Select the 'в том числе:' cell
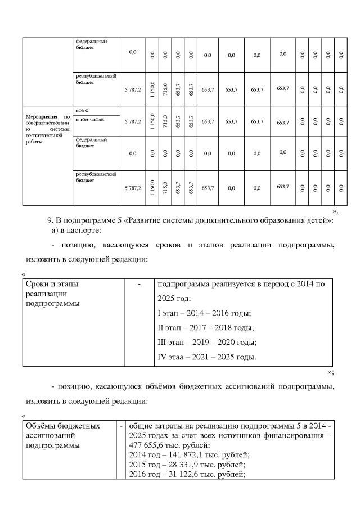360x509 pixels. (x=90, y=119)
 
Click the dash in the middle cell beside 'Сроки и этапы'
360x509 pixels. (x=138, y=285)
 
